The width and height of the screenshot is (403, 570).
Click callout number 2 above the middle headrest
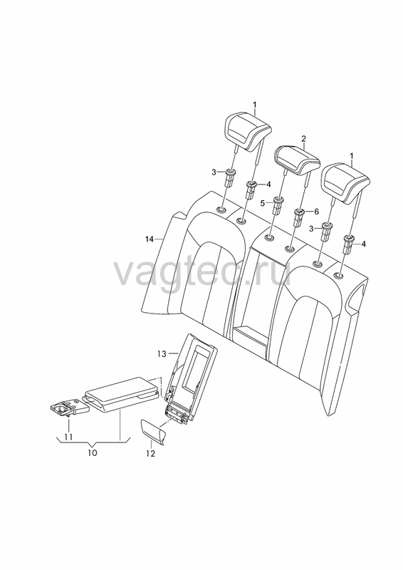303,138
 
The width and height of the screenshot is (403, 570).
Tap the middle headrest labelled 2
296,160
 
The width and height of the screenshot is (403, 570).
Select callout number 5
263,204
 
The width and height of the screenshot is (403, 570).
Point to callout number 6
316,211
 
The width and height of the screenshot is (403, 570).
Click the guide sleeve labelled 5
278,207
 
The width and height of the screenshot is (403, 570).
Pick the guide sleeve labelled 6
299,217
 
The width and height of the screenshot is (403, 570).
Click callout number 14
150,239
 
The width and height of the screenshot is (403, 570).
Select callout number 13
162,353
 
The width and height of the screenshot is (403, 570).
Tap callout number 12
150,454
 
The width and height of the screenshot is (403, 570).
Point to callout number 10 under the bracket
93,453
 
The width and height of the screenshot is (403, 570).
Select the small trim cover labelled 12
152,431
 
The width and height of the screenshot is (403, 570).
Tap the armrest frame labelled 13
192,378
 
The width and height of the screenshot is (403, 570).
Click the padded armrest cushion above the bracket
122,394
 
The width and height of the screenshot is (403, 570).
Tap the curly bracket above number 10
93,442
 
